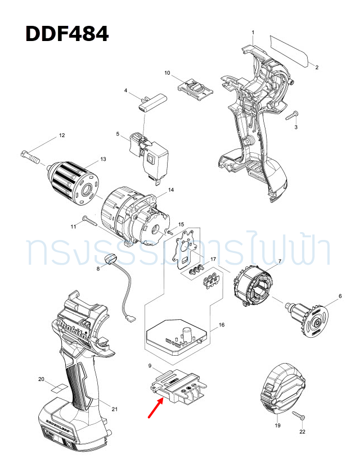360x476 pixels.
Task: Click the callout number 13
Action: tap(103, 160)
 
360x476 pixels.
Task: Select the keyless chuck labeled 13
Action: tap(73, 182)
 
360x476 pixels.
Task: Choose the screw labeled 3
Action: tap(291, 116)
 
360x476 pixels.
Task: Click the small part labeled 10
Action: tap(196, 88)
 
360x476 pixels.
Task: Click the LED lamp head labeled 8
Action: tap(110, 259)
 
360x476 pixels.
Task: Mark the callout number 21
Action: tap(115, 409)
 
